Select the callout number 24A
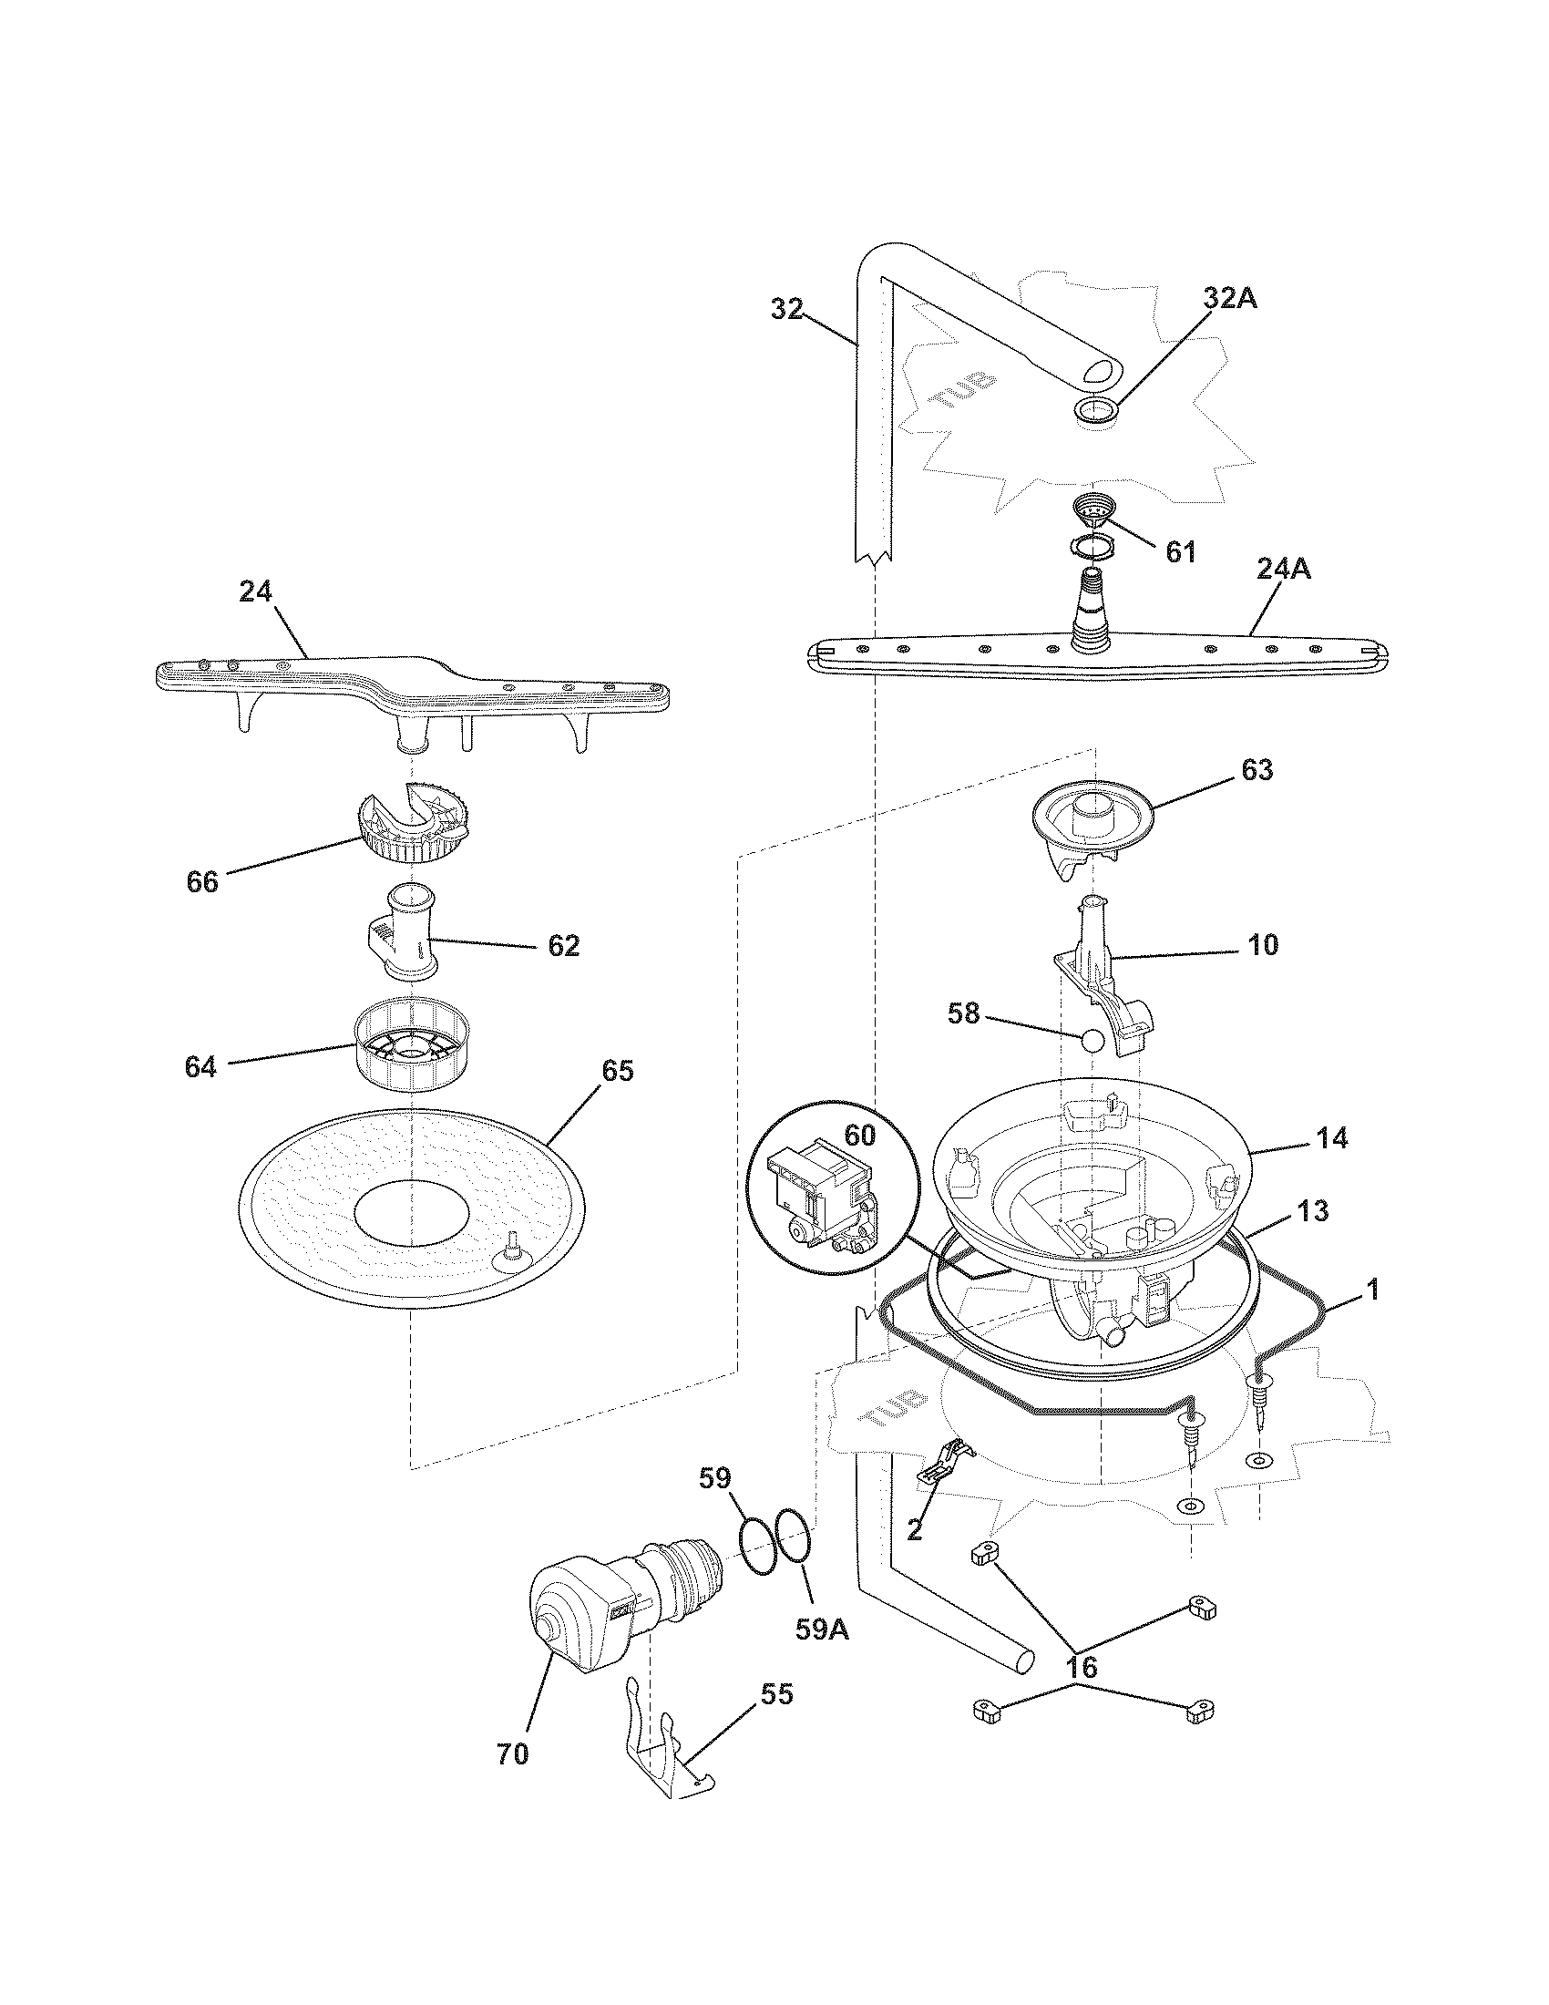pos(1283,571)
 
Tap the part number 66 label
pos(202,881)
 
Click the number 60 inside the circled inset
pos(860,1136)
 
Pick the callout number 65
pos(617,1071)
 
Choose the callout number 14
pos(1331,1138)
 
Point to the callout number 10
pos(1264,945)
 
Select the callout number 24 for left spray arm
pos(256,592)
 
